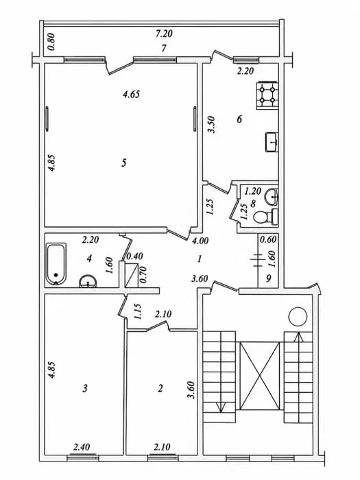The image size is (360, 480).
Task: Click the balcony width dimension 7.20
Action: click(164, 34)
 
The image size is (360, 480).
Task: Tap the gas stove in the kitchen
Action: click(267, 95)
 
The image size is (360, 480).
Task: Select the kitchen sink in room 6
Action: click(272, 142)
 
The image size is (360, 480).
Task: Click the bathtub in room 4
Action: click(56, 264)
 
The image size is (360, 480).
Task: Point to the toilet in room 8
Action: click(265, 217)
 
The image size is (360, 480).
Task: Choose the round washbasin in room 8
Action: click(272, 197)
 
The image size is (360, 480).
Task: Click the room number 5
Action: click(123, 163)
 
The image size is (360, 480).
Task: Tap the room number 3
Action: click(85, 389)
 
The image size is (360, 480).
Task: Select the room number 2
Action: click(160, 389)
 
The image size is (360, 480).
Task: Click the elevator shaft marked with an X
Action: click(260, 376)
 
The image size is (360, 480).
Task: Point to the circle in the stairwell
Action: click(297, 317)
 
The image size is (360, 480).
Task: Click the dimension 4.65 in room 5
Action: click(132, 94)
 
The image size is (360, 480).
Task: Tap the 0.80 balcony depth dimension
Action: click(51, 42)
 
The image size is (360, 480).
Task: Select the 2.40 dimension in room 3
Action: click(82, 447)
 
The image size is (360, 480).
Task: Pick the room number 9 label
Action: click(269, 278)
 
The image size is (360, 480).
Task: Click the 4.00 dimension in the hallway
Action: click(200, 241)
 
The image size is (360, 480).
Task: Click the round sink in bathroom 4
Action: click(88, 281)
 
